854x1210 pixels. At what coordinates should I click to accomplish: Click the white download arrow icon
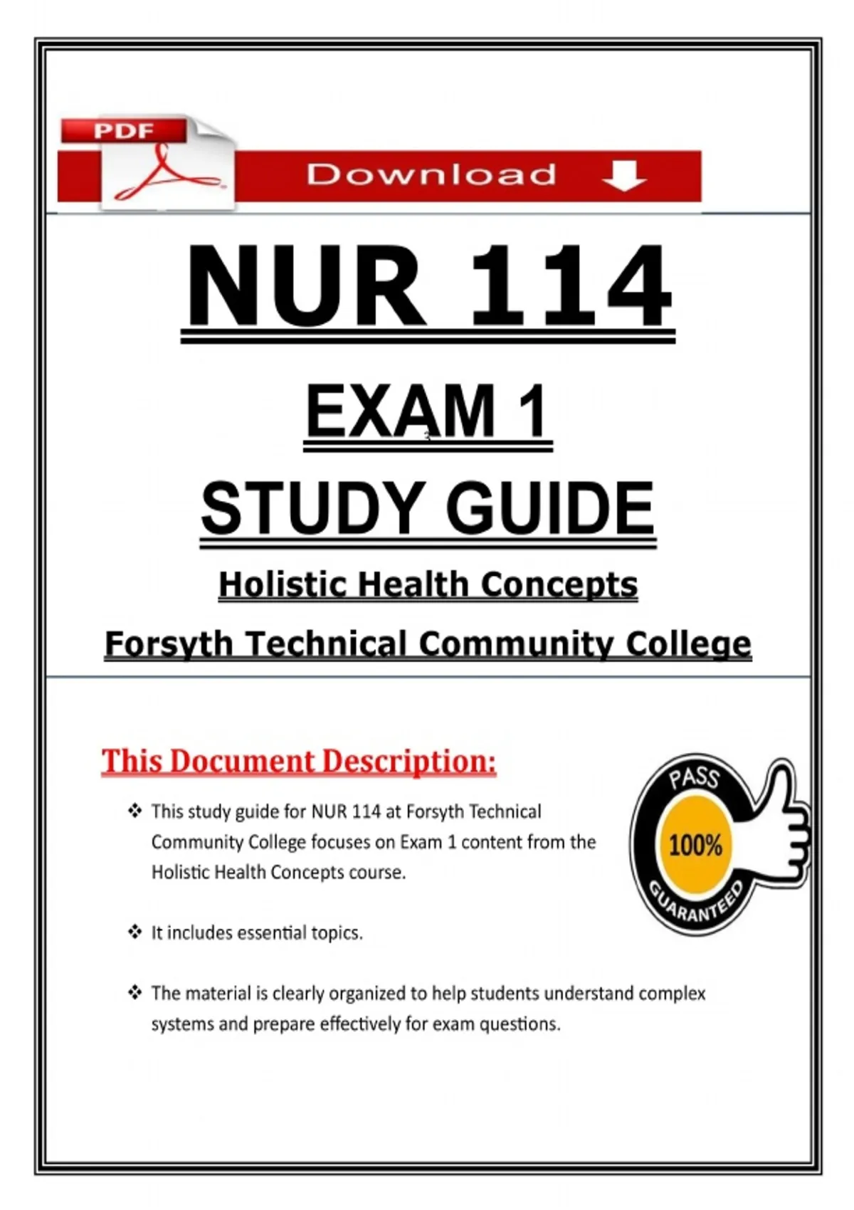click(x=624, y=175)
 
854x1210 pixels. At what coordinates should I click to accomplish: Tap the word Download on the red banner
click(x=431, y=175)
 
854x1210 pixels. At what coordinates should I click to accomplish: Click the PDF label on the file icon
click(x=123, y=131)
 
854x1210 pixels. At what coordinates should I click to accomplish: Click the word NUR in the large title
click(x=306, y=286)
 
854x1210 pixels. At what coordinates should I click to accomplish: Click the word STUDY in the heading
click(x=312, y=508)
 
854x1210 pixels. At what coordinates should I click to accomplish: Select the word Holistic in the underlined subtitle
click(x=283, y=585)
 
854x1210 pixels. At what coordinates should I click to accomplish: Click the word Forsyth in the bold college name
click(x=168, y=644)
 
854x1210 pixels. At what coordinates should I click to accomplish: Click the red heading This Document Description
click(x=298, y=761)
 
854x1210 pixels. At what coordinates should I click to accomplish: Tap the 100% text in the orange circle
click(x=695, y=846)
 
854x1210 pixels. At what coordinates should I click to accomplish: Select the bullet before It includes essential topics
click(x=135, y=932)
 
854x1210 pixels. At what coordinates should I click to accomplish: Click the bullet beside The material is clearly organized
click(x=135, y=992)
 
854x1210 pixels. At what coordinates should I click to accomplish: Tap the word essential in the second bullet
click(x=265, y=932)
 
